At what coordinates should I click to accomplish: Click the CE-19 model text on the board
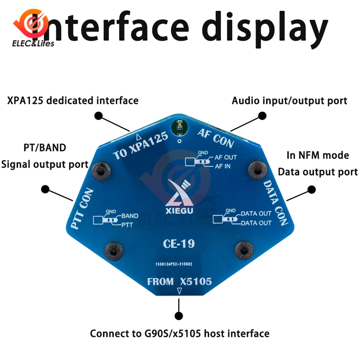[x=180, y=244]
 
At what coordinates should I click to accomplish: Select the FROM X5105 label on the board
[x=180, y=282]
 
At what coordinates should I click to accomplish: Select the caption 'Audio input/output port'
[x=289, y=100]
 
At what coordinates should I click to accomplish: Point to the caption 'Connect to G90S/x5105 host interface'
[x=180, y=333]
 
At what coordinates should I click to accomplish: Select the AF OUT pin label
[x=225, y=157]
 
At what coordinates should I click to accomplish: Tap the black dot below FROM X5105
[x=179, y=315]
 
